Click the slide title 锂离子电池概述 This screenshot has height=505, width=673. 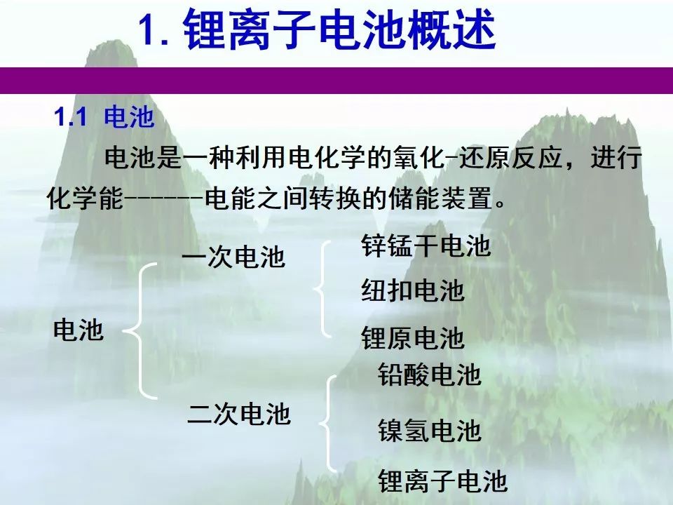point(339,30)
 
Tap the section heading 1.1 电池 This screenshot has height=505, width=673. point(104,116)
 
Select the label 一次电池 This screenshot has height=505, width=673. point(233,257)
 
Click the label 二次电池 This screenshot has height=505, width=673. point(239,414)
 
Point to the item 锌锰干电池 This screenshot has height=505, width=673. point(426,245)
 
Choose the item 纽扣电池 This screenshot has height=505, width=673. point(413,290)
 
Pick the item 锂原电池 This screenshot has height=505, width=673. point(413,338)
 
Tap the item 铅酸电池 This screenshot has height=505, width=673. point(429,374)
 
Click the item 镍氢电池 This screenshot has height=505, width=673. point(429,430)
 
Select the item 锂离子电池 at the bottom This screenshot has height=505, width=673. point(443,480)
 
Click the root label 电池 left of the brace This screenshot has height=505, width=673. point(79,330)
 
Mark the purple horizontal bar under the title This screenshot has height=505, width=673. point(336,80)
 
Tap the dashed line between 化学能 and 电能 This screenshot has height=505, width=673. point(163,198)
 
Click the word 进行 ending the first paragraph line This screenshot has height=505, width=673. point(616,157)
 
